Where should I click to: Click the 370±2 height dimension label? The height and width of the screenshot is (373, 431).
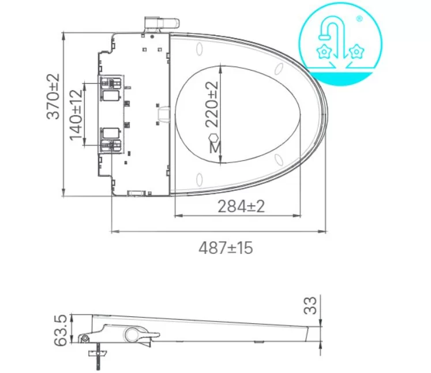(53, 96)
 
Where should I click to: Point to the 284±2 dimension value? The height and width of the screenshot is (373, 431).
(241, 206)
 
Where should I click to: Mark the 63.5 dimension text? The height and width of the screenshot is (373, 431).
(59, 330)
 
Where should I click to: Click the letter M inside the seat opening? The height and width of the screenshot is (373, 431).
(215, 148)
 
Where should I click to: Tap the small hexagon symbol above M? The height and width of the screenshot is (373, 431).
(214, 137)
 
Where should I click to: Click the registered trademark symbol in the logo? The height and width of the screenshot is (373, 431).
(359, 19)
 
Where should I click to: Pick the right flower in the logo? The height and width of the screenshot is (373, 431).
(358, 52)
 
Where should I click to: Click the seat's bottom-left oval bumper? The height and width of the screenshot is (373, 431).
(199, 178)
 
